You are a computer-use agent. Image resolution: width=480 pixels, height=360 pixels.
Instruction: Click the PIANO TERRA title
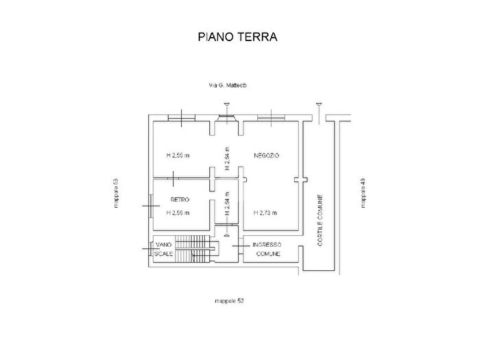click(x=237, y=37)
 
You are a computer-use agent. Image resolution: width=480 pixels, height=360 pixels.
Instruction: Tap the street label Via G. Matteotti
click(x=228, y=86)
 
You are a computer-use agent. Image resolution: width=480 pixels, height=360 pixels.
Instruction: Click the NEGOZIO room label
click(x=265, y=156)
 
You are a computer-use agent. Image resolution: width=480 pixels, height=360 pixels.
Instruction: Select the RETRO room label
click(x=180, y=200)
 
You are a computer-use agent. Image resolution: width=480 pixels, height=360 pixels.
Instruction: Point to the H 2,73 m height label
click(x=265, y=213)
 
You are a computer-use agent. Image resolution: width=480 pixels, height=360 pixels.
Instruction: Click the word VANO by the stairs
click(x=163, y=245)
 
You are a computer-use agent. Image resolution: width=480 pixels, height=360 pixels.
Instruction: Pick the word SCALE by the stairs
click(x=163, y=254)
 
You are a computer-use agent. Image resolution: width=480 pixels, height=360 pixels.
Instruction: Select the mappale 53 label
click(x=117, y=195)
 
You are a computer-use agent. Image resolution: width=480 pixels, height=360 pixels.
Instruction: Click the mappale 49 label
click(x=363, y=192)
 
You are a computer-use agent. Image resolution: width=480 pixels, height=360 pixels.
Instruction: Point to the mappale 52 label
click(x=228, y=301)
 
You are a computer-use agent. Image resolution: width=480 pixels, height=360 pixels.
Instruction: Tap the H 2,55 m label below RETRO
click(x=178, y=213)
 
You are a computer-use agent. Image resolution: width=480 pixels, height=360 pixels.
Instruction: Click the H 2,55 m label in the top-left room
click(x=178, y=156)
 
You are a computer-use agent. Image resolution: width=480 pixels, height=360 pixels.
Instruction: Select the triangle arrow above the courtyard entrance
click(x=318, y=104)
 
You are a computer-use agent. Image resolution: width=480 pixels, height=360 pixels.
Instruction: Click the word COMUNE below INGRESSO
click(x=267, y=254)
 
